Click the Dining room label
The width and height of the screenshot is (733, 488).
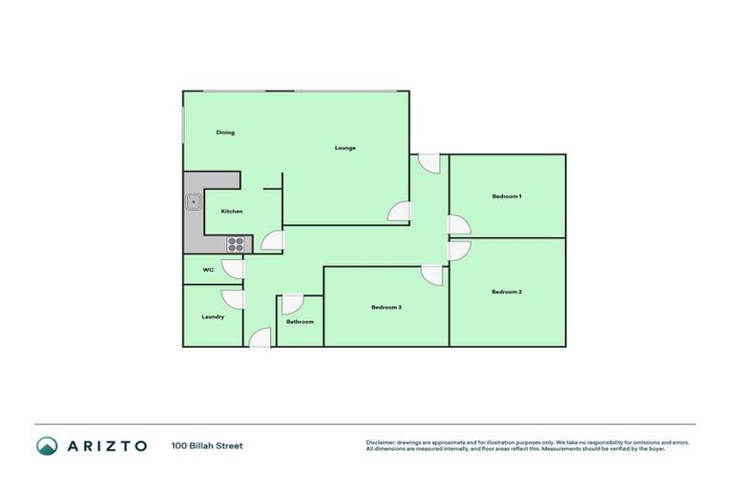point(225,132)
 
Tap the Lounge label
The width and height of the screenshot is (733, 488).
point(345,148)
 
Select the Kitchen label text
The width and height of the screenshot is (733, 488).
point(232,211)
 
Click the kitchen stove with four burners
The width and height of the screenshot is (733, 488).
point(235,243)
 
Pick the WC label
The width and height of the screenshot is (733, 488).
point(208,270)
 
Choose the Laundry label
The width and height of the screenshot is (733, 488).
point(213,316)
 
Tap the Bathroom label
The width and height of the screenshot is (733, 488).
point(300,321)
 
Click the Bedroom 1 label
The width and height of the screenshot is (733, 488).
point(507,196)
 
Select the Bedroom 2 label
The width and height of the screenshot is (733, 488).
point(507,292)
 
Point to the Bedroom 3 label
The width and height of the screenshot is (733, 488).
point(387,307)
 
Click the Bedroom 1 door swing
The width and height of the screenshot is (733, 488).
point(459,224)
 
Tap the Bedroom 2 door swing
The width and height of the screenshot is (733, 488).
point(459,250)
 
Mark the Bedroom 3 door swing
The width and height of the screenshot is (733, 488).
point(431,275)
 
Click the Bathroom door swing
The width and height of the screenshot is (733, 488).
point(292,305)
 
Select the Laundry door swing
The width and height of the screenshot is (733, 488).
point(232,299)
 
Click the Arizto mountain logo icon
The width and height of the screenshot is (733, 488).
point(47,445)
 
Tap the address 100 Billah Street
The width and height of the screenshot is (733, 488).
point(207,445)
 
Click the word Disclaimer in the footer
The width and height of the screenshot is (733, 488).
point(381,442)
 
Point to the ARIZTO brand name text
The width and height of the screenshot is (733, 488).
point(106,445)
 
